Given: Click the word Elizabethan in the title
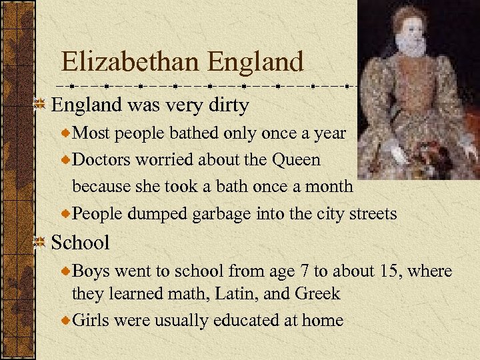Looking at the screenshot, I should (x=131, y=62).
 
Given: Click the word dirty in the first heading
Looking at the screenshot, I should (x=227, y=105).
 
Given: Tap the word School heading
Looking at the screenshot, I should (x=80, y=242).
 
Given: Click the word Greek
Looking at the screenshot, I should (x=317, y=293).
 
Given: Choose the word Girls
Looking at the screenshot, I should (x=91, y=320).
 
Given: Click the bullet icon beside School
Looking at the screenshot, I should (x=41, y=242).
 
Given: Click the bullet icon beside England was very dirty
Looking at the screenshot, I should (x=41, y=105).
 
